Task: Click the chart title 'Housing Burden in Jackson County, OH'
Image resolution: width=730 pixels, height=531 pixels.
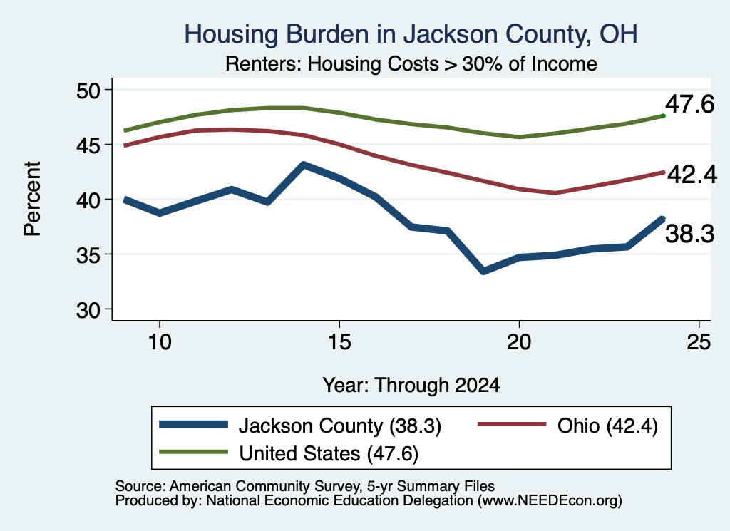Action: pos(411,34)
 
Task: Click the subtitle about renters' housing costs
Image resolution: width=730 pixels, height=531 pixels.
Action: pos(411,63)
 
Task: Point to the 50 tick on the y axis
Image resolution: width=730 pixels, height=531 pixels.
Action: pos(88,90)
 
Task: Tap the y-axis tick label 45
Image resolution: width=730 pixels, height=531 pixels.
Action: pos(88,145)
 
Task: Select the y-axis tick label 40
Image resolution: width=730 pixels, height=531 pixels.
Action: pos(88,200)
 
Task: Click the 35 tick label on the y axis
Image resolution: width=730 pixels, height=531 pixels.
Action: pos(88,254)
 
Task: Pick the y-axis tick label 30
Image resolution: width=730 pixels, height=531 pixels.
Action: pos(88,309)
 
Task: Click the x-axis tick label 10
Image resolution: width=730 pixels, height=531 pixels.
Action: pos(160,342)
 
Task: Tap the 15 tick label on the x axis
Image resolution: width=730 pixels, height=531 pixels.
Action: pos(339,342)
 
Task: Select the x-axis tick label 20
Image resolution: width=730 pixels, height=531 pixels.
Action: pos(519,342)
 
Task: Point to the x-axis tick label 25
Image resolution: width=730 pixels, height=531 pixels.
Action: pos(699,342)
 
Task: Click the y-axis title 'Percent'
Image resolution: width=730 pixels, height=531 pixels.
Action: pos(32,199)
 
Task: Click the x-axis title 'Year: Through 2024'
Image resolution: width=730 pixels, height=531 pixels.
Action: pos(411,386)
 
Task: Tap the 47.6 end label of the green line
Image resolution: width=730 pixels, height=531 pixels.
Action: pos(689,104)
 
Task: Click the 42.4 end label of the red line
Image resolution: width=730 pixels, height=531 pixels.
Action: pos(692,175)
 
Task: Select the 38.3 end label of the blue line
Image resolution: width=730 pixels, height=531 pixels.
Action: pos(689,233)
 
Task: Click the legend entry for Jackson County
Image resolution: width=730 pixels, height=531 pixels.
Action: pos(300,426)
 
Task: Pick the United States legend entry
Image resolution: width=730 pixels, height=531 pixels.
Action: pos(289,453)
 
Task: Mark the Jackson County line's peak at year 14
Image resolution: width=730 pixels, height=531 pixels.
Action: pos(304,165)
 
